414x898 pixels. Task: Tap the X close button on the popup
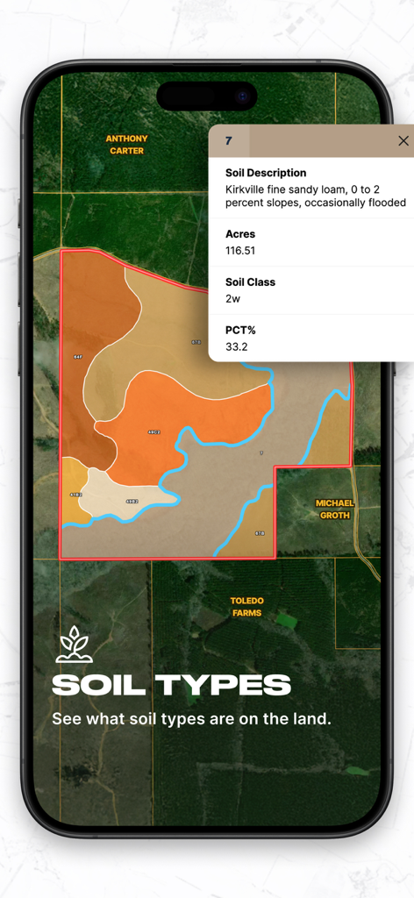[403, 140]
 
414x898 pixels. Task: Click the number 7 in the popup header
[229, 140]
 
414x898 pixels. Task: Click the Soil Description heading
[266, 173]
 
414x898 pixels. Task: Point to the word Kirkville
[246, 189]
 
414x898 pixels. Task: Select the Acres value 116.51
[240, 251]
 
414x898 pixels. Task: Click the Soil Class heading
[250, 282]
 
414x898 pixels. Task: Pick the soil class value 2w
[232, 299]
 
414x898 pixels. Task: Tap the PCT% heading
[240, 331]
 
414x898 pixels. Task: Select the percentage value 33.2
[236, 346]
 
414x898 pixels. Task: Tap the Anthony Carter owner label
[126, 145]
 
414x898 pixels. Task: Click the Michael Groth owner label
[334, 509]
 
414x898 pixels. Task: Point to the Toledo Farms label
[246, 607]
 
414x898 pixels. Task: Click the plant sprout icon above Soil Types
[74, 645]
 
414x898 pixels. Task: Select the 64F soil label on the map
[78, 358]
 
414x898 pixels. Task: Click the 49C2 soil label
[154, 432]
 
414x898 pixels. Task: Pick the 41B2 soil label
[75, 495]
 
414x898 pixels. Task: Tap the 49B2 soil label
[132, 502]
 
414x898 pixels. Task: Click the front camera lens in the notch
[242, 95]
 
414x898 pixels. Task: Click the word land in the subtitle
[308, 719]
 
